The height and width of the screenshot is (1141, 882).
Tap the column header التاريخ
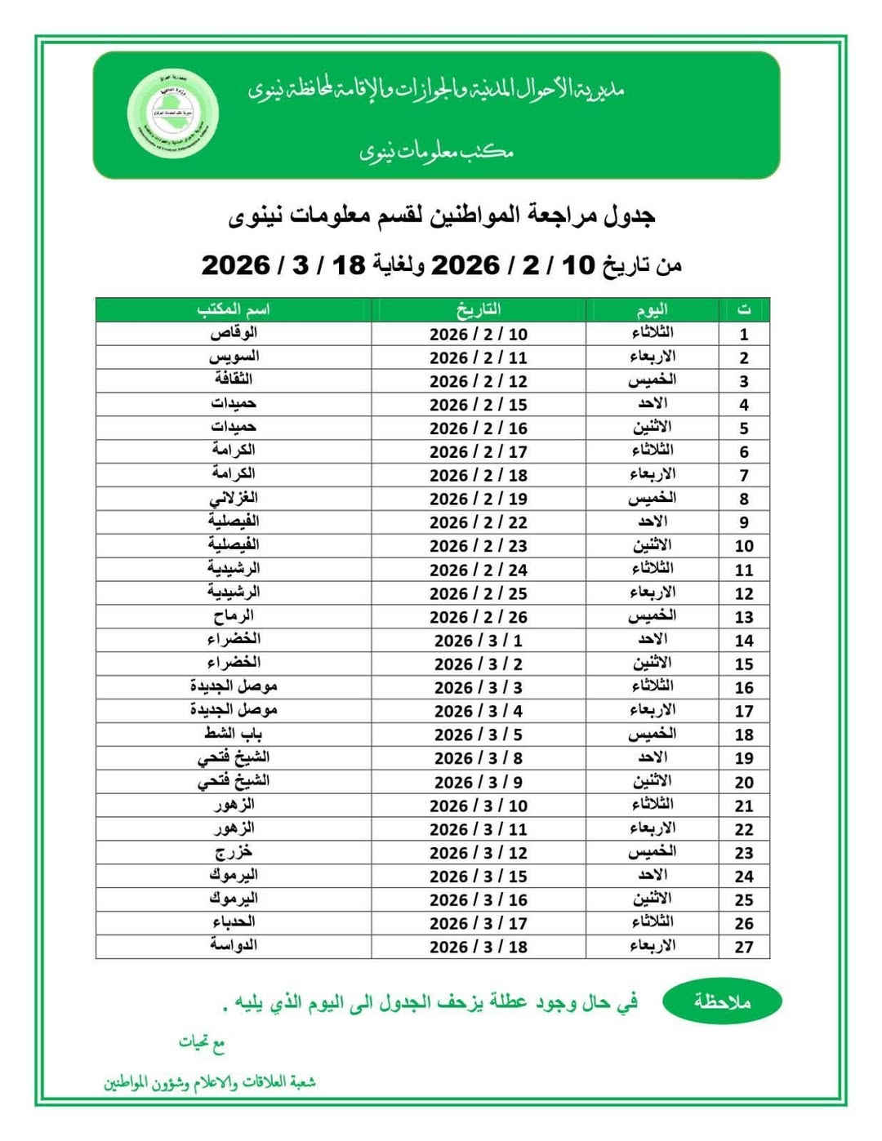(479, 309)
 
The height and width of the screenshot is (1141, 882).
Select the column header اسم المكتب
(234, 309)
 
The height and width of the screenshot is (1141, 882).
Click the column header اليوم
(653, 309)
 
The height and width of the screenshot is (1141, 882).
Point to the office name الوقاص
(234, 333)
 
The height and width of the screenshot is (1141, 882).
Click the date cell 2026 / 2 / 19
(479, 499)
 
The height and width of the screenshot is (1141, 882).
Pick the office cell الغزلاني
(234, 498)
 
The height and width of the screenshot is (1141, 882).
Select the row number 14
(743, 641)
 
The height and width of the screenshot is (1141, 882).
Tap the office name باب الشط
(234, 734)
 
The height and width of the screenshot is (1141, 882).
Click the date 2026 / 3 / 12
(479, 853)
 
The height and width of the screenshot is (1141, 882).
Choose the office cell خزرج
(234, 852)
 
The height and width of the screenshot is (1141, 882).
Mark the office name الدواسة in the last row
(234, 946)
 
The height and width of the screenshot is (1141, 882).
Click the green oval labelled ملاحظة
(722, 1002)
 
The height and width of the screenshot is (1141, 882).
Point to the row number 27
(743, 948)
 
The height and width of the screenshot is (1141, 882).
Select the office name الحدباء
(234, 922)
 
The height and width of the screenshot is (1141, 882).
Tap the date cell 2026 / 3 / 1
(479, 641)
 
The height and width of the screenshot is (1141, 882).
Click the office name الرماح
(234, 616)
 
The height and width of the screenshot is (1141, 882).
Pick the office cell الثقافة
(234, 380)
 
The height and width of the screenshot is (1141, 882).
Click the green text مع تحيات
(202, 1043)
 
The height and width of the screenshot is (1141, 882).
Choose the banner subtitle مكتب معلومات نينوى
(437, 152)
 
